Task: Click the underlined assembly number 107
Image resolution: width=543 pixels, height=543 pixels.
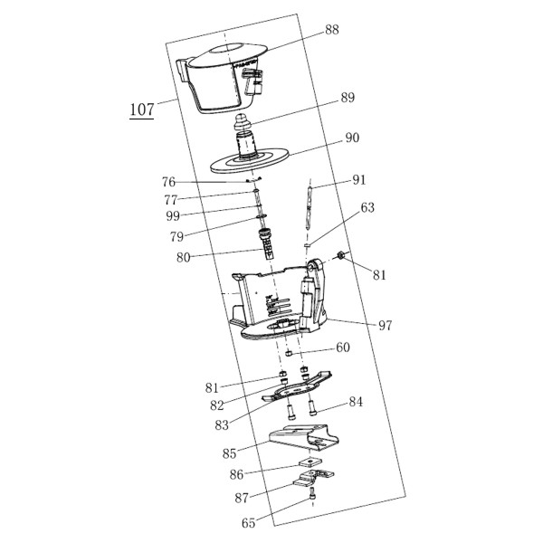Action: [142, 110]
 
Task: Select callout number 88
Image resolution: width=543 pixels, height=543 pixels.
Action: [332, 30]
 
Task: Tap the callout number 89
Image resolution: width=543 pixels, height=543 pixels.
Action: [348, 98]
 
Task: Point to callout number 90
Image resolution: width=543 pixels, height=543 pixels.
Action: [352, 138]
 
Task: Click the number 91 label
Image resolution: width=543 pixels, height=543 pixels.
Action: [359, 180]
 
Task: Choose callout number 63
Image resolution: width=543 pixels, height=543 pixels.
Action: [367, 207]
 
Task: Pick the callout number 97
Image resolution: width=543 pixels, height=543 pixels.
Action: [386, 326]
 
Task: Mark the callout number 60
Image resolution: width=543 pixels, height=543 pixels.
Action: [343, 348]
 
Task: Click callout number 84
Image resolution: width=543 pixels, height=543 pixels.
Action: [356, 402]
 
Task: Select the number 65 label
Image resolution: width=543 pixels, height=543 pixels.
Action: [248, 523]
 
